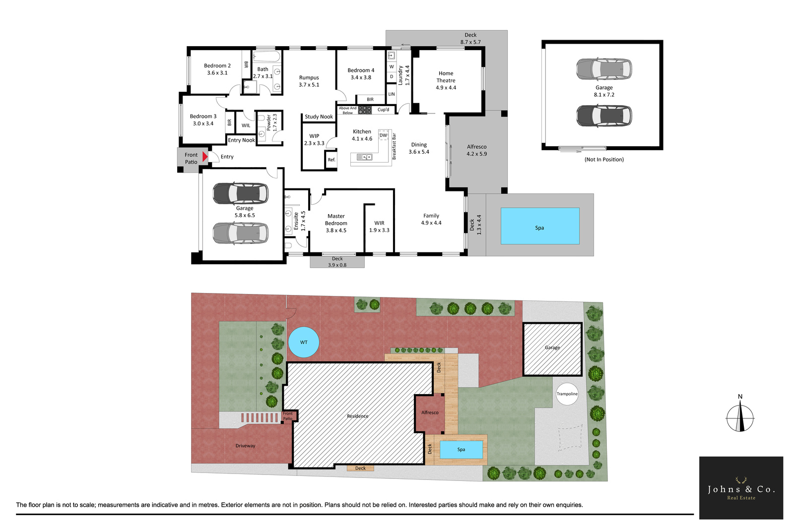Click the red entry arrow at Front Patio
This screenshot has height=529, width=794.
pos(204,157)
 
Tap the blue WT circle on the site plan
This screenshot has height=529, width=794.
pos(304,342)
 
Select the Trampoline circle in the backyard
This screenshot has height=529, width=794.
pos(567,394)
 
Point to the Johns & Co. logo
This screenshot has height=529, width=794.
pos(741,488)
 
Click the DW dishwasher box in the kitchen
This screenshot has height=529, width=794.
pos(383,135)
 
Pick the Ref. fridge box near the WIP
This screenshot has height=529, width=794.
pos(331,160)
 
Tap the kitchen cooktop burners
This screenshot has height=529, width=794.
pos(364,110)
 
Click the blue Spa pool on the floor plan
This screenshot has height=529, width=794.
pos(540,226)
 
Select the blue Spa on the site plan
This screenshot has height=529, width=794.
pos(461,450)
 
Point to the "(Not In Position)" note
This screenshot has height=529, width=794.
pos(604,159)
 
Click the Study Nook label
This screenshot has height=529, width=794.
pos(319,117)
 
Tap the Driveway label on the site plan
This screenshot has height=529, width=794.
pos(245,446)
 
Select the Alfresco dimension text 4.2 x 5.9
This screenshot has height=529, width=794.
pos(477,154)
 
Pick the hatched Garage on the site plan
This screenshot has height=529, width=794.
pos(552,349)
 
